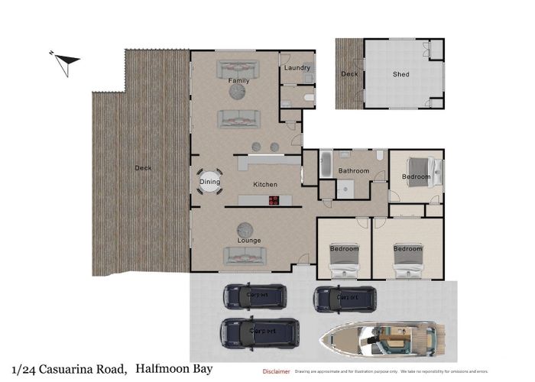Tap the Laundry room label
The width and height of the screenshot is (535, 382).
pos(297,68)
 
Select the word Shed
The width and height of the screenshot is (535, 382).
pos(401,74)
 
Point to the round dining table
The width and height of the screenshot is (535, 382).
pos(209,182)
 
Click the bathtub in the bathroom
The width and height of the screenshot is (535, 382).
pos(325,164)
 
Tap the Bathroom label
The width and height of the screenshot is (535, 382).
pos(354,171)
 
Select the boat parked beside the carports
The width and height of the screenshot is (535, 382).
pos(382,336)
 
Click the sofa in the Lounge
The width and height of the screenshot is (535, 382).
pos(245,255)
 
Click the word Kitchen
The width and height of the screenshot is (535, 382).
pos(265,185)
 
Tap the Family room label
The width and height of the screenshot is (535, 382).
pos(238,80)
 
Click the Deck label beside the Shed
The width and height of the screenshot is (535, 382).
pos(349,74)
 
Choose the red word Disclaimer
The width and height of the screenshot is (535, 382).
pos(276,371)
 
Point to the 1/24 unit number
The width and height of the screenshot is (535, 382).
pos(24,369)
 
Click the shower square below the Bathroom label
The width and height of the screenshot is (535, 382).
pos(345,188)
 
